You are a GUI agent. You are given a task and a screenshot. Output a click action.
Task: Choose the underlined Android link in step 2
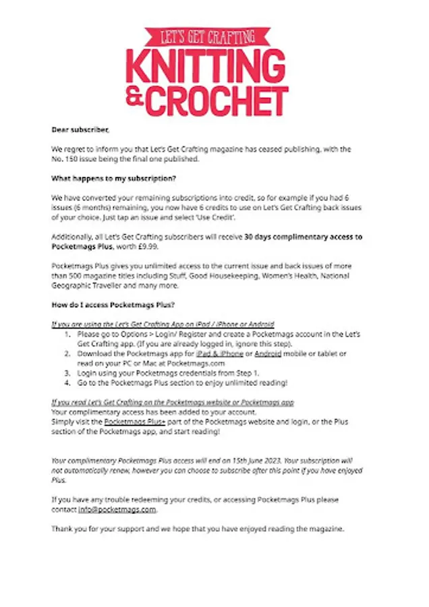(x=268, y=353)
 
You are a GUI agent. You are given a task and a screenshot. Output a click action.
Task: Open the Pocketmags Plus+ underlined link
(x=135, y=422)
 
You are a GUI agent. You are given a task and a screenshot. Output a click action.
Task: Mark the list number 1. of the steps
(x=68, y=335)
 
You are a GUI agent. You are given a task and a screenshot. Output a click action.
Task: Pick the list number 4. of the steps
(x=68, y=382)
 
